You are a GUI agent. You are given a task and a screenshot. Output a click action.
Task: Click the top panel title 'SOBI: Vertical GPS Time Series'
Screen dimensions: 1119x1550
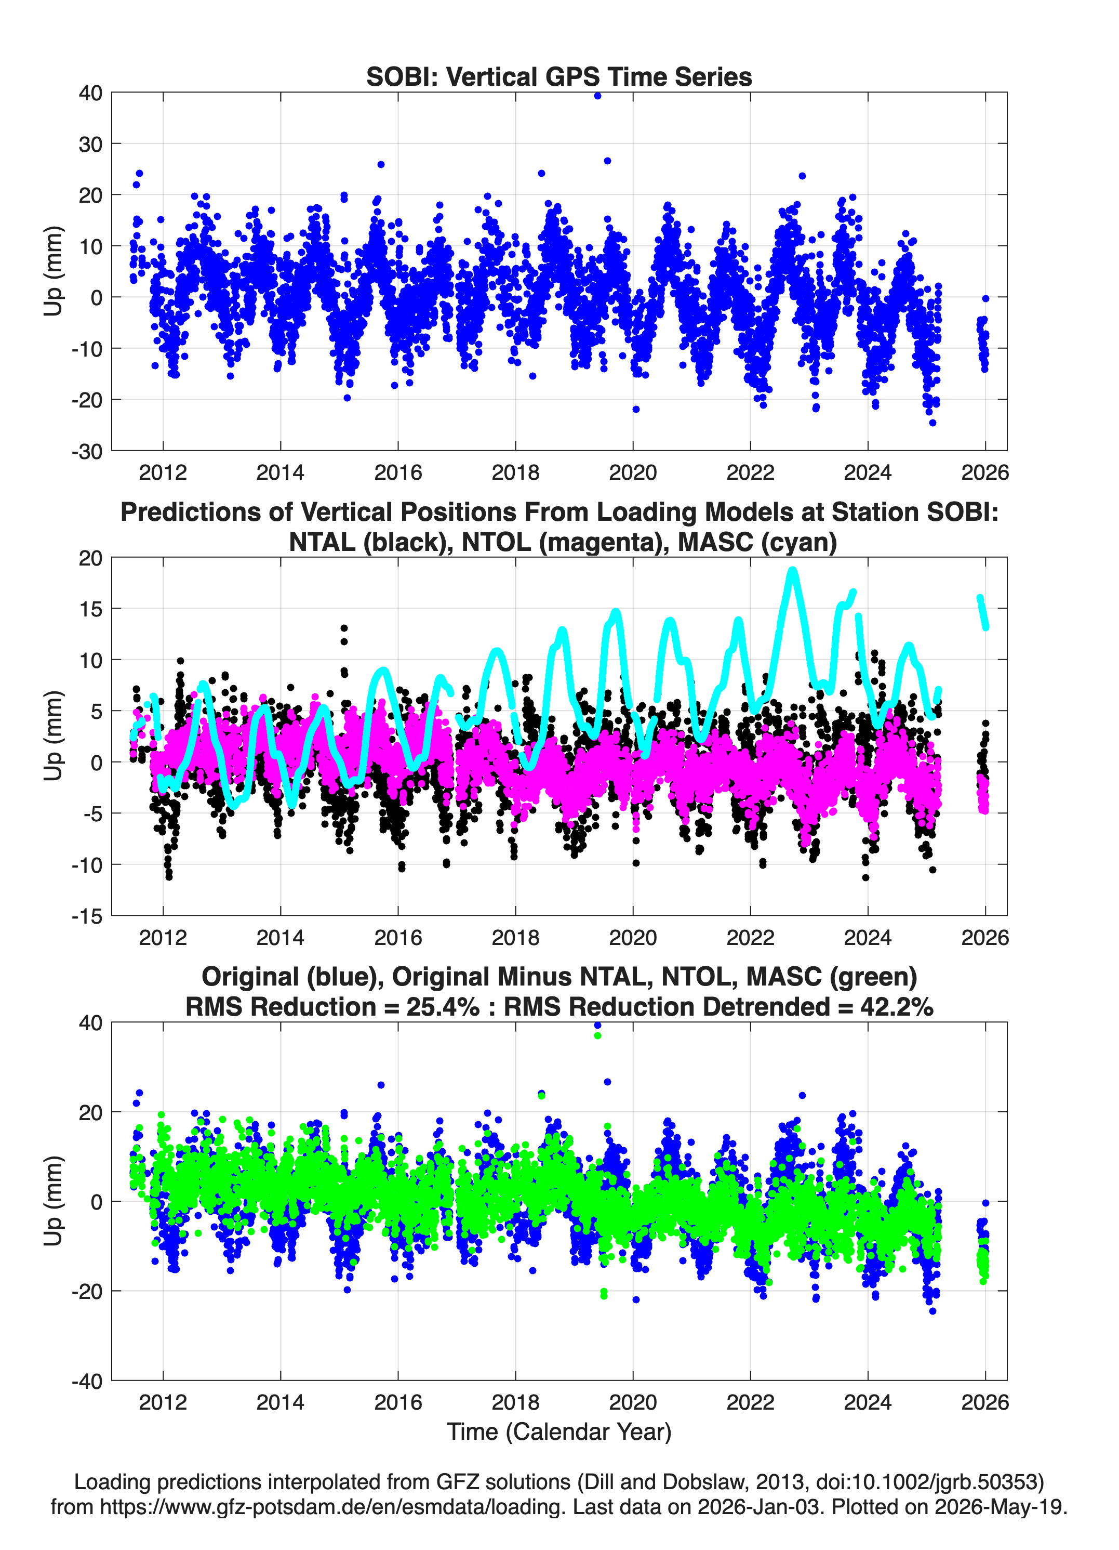[x=559, y=76]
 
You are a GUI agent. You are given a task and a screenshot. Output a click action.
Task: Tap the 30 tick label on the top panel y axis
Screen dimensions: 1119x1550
[x=90, y=144]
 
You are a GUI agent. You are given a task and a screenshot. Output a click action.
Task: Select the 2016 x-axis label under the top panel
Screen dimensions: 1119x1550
[x=397, y=472]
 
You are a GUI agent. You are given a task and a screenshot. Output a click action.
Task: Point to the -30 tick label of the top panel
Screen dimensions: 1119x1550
[x=87, y=451]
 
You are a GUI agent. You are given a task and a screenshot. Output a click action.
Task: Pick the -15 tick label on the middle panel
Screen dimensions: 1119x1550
[x=87, y=916]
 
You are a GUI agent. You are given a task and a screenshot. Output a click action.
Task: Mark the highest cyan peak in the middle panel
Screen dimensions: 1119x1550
[x=792, y=571]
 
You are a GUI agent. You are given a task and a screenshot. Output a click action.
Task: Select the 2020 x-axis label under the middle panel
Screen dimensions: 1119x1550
[x=633, y=937]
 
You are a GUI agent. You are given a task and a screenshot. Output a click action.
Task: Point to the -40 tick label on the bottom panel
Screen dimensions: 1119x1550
[x=87, y=1381]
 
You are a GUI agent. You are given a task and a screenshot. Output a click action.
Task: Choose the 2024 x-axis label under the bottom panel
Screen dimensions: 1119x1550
[x=868, y=1402]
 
